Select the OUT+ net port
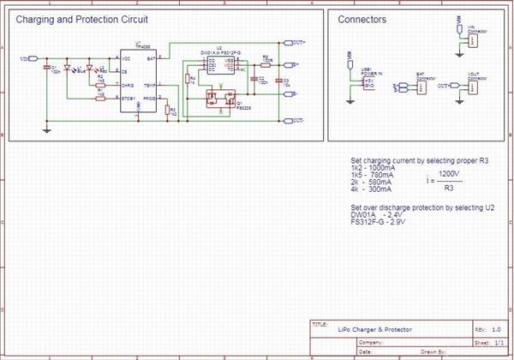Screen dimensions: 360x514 pyautogui.click(x=298, y=42)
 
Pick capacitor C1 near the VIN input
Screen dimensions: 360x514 pyautogui.click(x=46, y=69)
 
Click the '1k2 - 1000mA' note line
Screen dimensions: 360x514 pyautogui.click(x=374, y=168)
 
